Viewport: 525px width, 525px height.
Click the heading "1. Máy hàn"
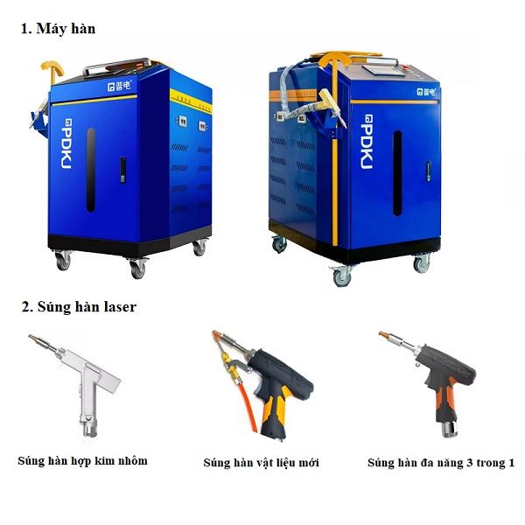59,29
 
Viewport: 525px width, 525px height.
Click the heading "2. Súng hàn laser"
79,307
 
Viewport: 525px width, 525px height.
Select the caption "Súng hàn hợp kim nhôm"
83,461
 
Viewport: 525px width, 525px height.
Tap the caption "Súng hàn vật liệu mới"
261,463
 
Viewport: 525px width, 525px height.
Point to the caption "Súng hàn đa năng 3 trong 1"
441,463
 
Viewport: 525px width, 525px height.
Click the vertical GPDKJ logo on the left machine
66,143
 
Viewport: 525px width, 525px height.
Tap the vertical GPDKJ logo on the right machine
367,142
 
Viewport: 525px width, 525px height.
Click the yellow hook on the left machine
52,70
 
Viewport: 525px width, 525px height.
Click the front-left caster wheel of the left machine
63,260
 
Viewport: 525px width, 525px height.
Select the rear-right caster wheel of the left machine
199,247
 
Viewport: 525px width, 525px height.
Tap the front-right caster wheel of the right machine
422,263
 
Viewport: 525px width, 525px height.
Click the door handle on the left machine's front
123,170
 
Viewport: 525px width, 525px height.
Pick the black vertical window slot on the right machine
397,173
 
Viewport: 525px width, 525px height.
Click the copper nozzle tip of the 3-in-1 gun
382,334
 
